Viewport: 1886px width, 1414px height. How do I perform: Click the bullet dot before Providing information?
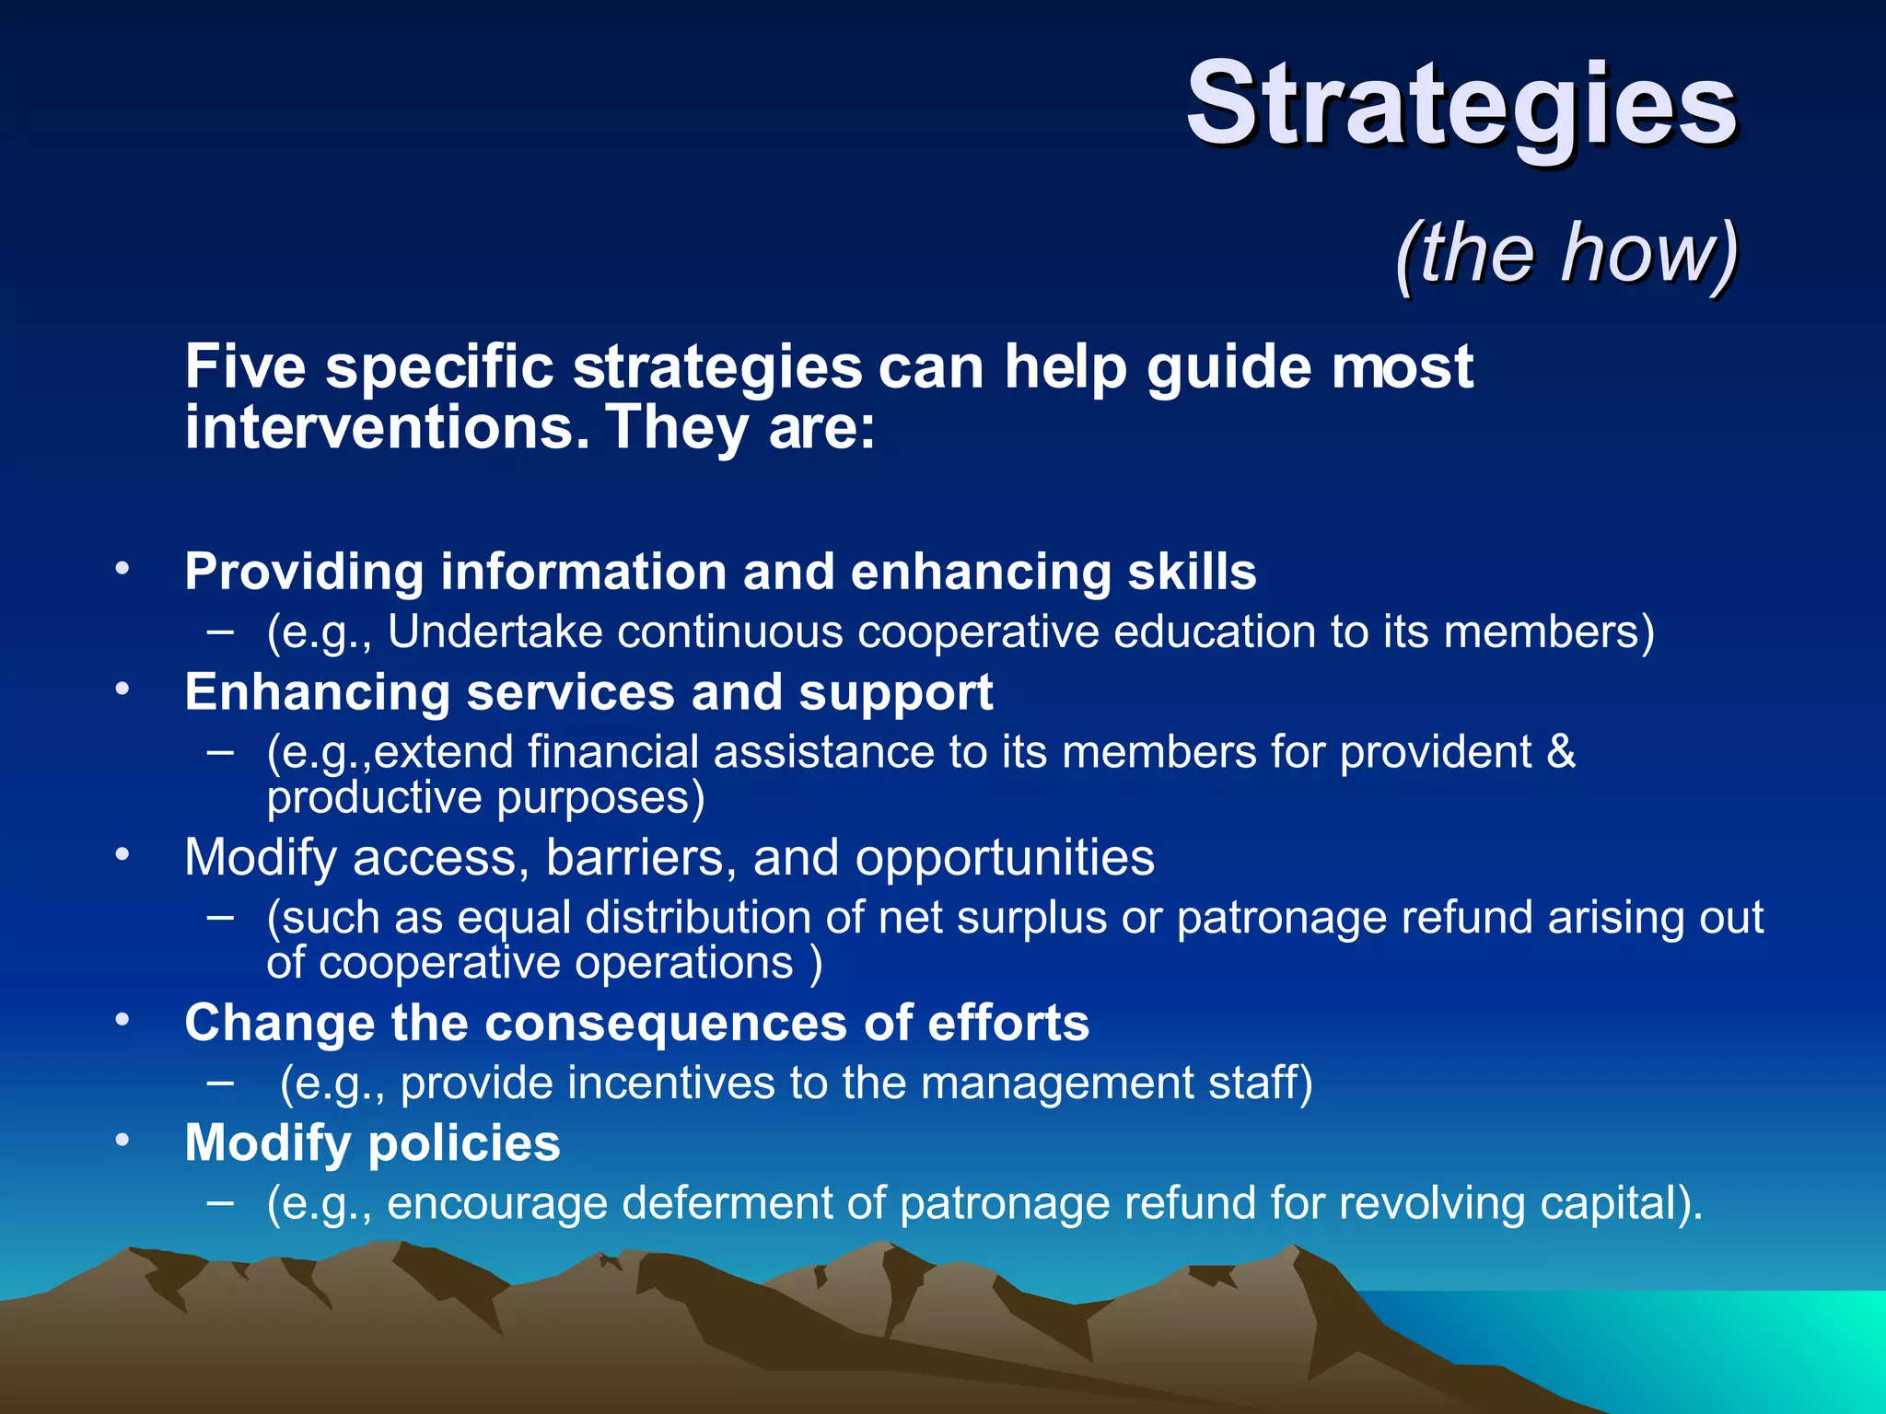(122, 568)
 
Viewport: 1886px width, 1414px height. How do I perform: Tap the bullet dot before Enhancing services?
(122, 689)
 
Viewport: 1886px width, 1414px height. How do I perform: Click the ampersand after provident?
(1561, 752)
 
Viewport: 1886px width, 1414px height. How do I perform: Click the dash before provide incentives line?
(220, 1083)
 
